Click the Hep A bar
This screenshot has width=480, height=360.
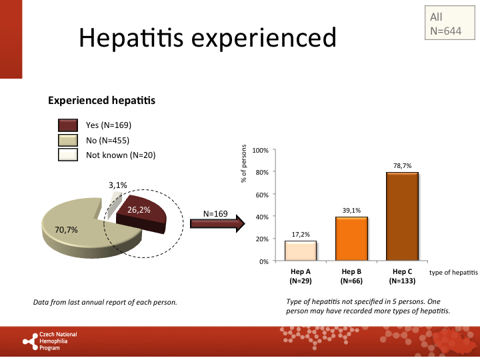[x=301, y=251]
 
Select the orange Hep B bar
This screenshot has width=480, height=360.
[x=351, y=239]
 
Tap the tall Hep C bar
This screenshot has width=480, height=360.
[x=402, y=217]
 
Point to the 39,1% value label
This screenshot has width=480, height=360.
[x=351, y=211]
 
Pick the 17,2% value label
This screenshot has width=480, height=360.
[x=301, y=235]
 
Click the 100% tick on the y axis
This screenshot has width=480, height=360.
[x=260, y=151]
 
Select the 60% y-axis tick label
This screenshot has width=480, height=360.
[x=261, y=195]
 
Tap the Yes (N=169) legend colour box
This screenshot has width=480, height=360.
[x=68, y=125]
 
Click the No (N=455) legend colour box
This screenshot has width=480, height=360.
[x=68, y=141]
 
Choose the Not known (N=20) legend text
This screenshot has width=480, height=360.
[x=120, y=155]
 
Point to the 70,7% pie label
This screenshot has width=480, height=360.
[x=66, y=230]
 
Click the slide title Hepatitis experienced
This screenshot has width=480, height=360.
[x=207, y=38]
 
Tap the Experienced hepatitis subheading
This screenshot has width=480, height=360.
[x=101, y=101]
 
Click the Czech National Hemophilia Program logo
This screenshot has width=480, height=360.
[x=50, y=341]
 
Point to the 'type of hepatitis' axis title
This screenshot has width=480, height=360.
[x=453, y=273]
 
